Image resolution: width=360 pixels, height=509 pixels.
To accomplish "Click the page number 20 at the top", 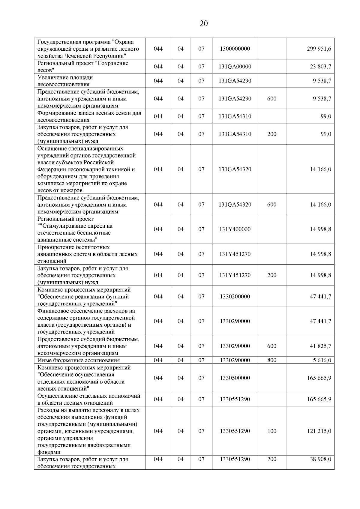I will pyautogui.click(x=203, y=24).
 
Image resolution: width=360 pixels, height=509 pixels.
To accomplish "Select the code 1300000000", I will pyautogui.click(x=235, y=49).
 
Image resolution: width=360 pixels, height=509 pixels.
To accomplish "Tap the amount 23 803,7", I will pyautogui.click(x=320, y=67).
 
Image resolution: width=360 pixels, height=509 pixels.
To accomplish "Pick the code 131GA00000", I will pyautogui.click(x=235, y=67).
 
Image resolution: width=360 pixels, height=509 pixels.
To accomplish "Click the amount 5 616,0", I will pyautogui.click(x=322, y=360).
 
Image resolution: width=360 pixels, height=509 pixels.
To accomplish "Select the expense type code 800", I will pyautogui.click(x=271, y=360).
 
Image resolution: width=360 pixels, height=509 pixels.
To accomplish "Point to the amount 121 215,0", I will pyautogui.click(x=319, y=431).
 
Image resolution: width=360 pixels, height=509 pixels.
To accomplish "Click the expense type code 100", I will pyautogui.click(x=271, y=431).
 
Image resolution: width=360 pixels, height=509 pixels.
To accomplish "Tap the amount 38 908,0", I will pyautogui.click(x=320, y=459).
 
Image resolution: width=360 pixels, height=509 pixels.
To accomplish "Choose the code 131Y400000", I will pyautogui.click(x=235, y=229).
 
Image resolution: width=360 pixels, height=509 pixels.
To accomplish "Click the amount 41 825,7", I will pyautogui.click(x=320, y=346).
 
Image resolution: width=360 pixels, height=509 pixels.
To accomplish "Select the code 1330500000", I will pyautogui.click(x=235, y=378).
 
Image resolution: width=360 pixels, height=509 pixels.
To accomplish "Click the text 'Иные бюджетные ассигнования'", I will pyautogui.click(x=79, y=361).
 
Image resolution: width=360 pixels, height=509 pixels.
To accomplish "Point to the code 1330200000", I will pyautogui.click(x=235, y=296).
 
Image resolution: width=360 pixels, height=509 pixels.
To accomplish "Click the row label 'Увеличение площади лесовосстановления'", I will pyautogui.click(x=65, y=81).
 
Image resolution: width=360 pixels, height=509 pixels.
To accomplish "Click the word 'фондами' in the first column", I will pyautogui.click(x=49, y=452).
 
